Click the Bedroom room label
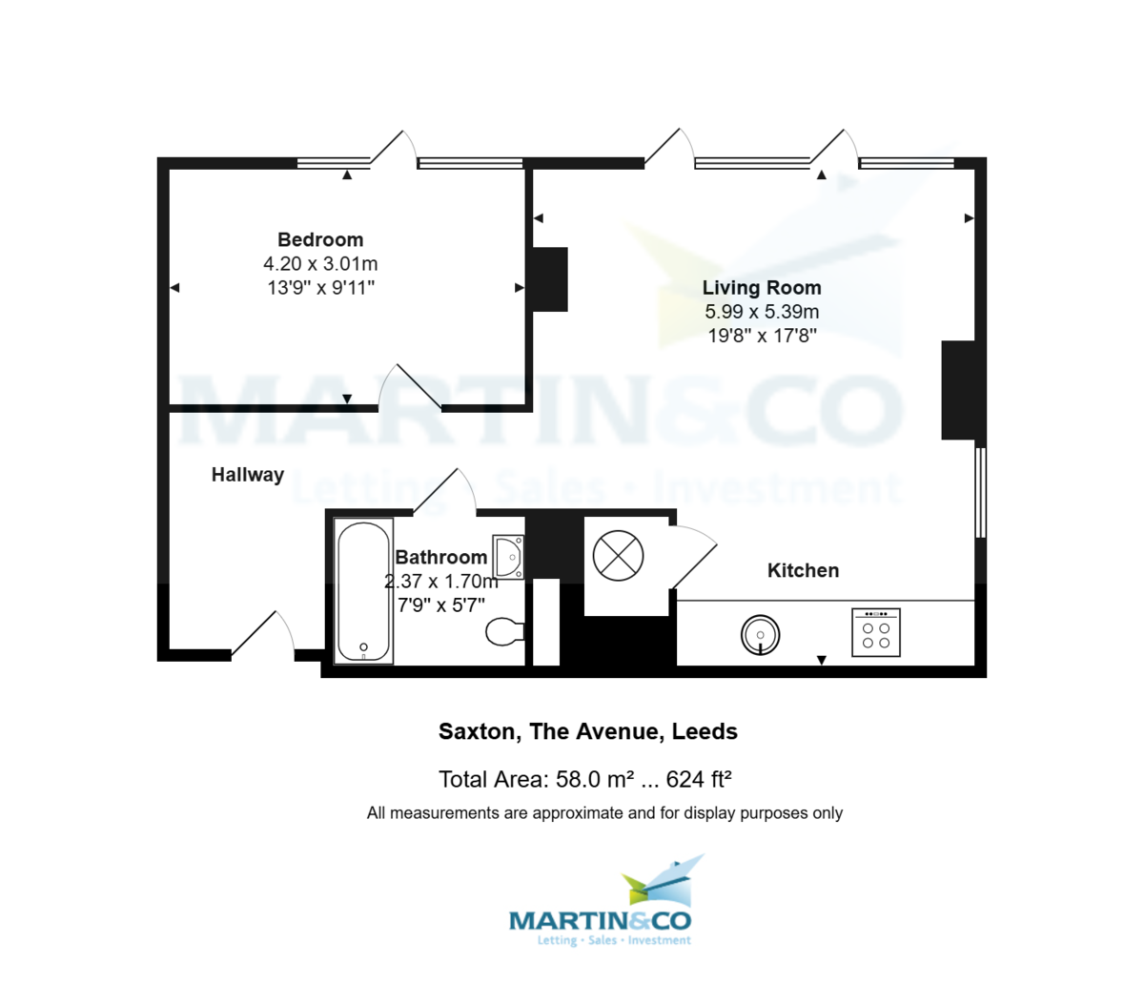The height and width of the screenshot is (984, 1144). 320,239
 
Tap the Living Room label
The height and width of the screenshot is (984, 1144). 762,287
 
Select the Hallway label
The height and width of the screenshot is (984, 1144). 248,474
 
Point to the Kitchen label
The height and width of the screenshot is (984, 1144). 804,570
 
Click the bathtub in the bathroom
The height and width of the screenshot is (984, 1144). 364,591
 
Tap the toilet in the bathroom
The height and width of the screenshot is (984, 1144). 504,630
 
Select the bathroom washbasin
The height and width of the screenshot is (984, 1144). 507,556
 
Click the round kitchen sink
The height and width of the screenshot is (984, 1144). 760,634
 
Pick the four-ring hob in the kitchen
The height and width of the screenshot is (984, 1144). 875,631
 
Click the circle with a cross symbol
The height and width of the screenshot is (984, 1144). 618,556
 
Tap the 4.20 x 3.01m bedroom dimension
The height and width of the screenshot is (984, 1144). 320,264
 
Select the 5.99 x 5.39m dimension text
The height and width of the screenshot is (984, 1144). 762,312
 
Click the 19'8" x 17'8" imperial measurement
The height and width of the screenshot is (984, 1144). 762,336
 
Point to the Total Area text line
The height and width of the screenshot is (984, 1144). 584,779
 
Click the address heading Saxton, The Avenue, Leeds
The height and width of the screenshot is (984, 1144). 587,731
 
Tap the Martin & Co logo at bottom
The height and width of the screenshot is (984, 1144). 601,906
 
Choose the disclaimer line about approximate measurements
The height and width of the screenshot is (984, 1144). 604,813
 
